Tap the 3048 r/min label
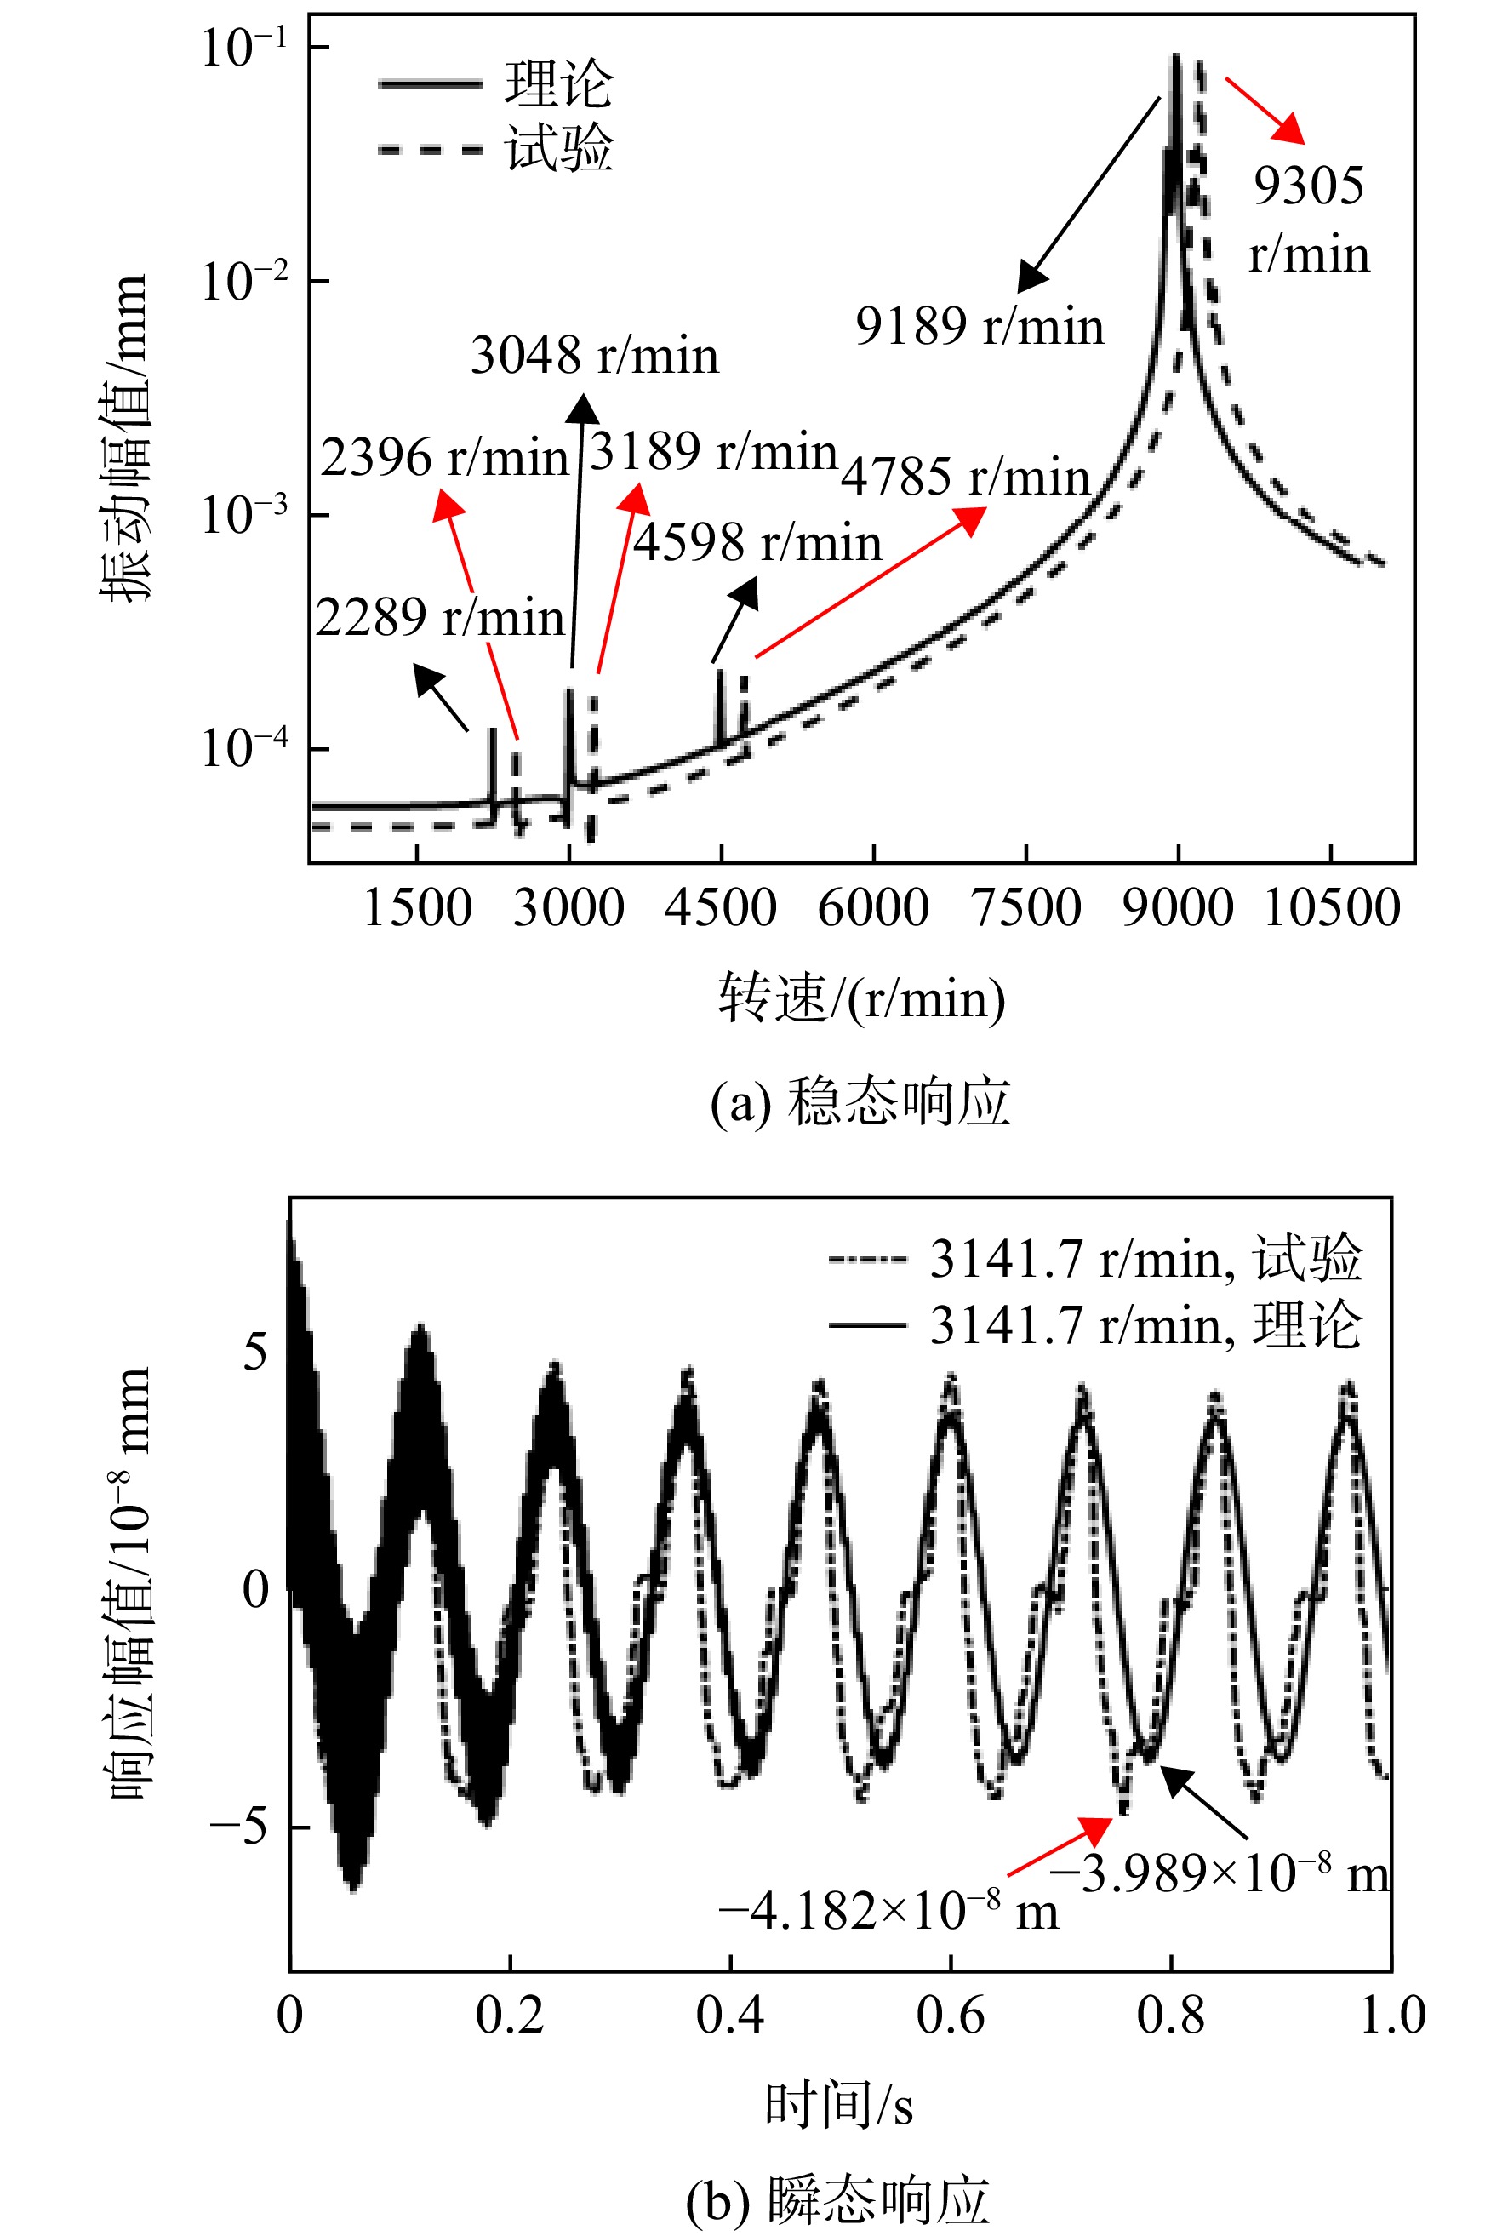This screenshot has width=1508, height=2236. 594,355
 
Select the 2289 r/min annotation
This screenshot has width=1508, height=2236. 441,617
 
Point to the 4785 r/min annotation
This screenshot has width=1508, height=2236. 966,477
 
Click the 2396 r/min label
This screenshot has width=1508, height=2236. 444,457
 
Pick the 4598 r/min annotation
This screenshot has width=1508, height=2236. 758,542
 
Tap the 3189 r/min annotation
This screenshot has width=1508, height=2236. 714,451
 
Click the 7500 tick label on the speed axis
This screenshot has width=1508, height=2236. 1026,908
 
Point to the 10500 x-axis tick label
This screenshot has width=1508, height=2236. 1331,908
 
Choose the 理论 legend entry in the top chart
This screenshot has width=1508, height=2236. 496,83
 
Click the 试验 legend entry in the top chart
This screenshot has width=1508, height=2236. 496,148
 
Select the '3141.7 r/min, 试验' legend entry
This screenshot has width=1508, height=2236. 1096,1257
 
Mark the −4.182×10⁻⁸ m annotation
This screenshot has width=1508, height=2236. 888,1909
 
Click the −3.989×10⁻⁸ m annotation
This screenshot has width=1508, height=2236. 1220,1872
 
